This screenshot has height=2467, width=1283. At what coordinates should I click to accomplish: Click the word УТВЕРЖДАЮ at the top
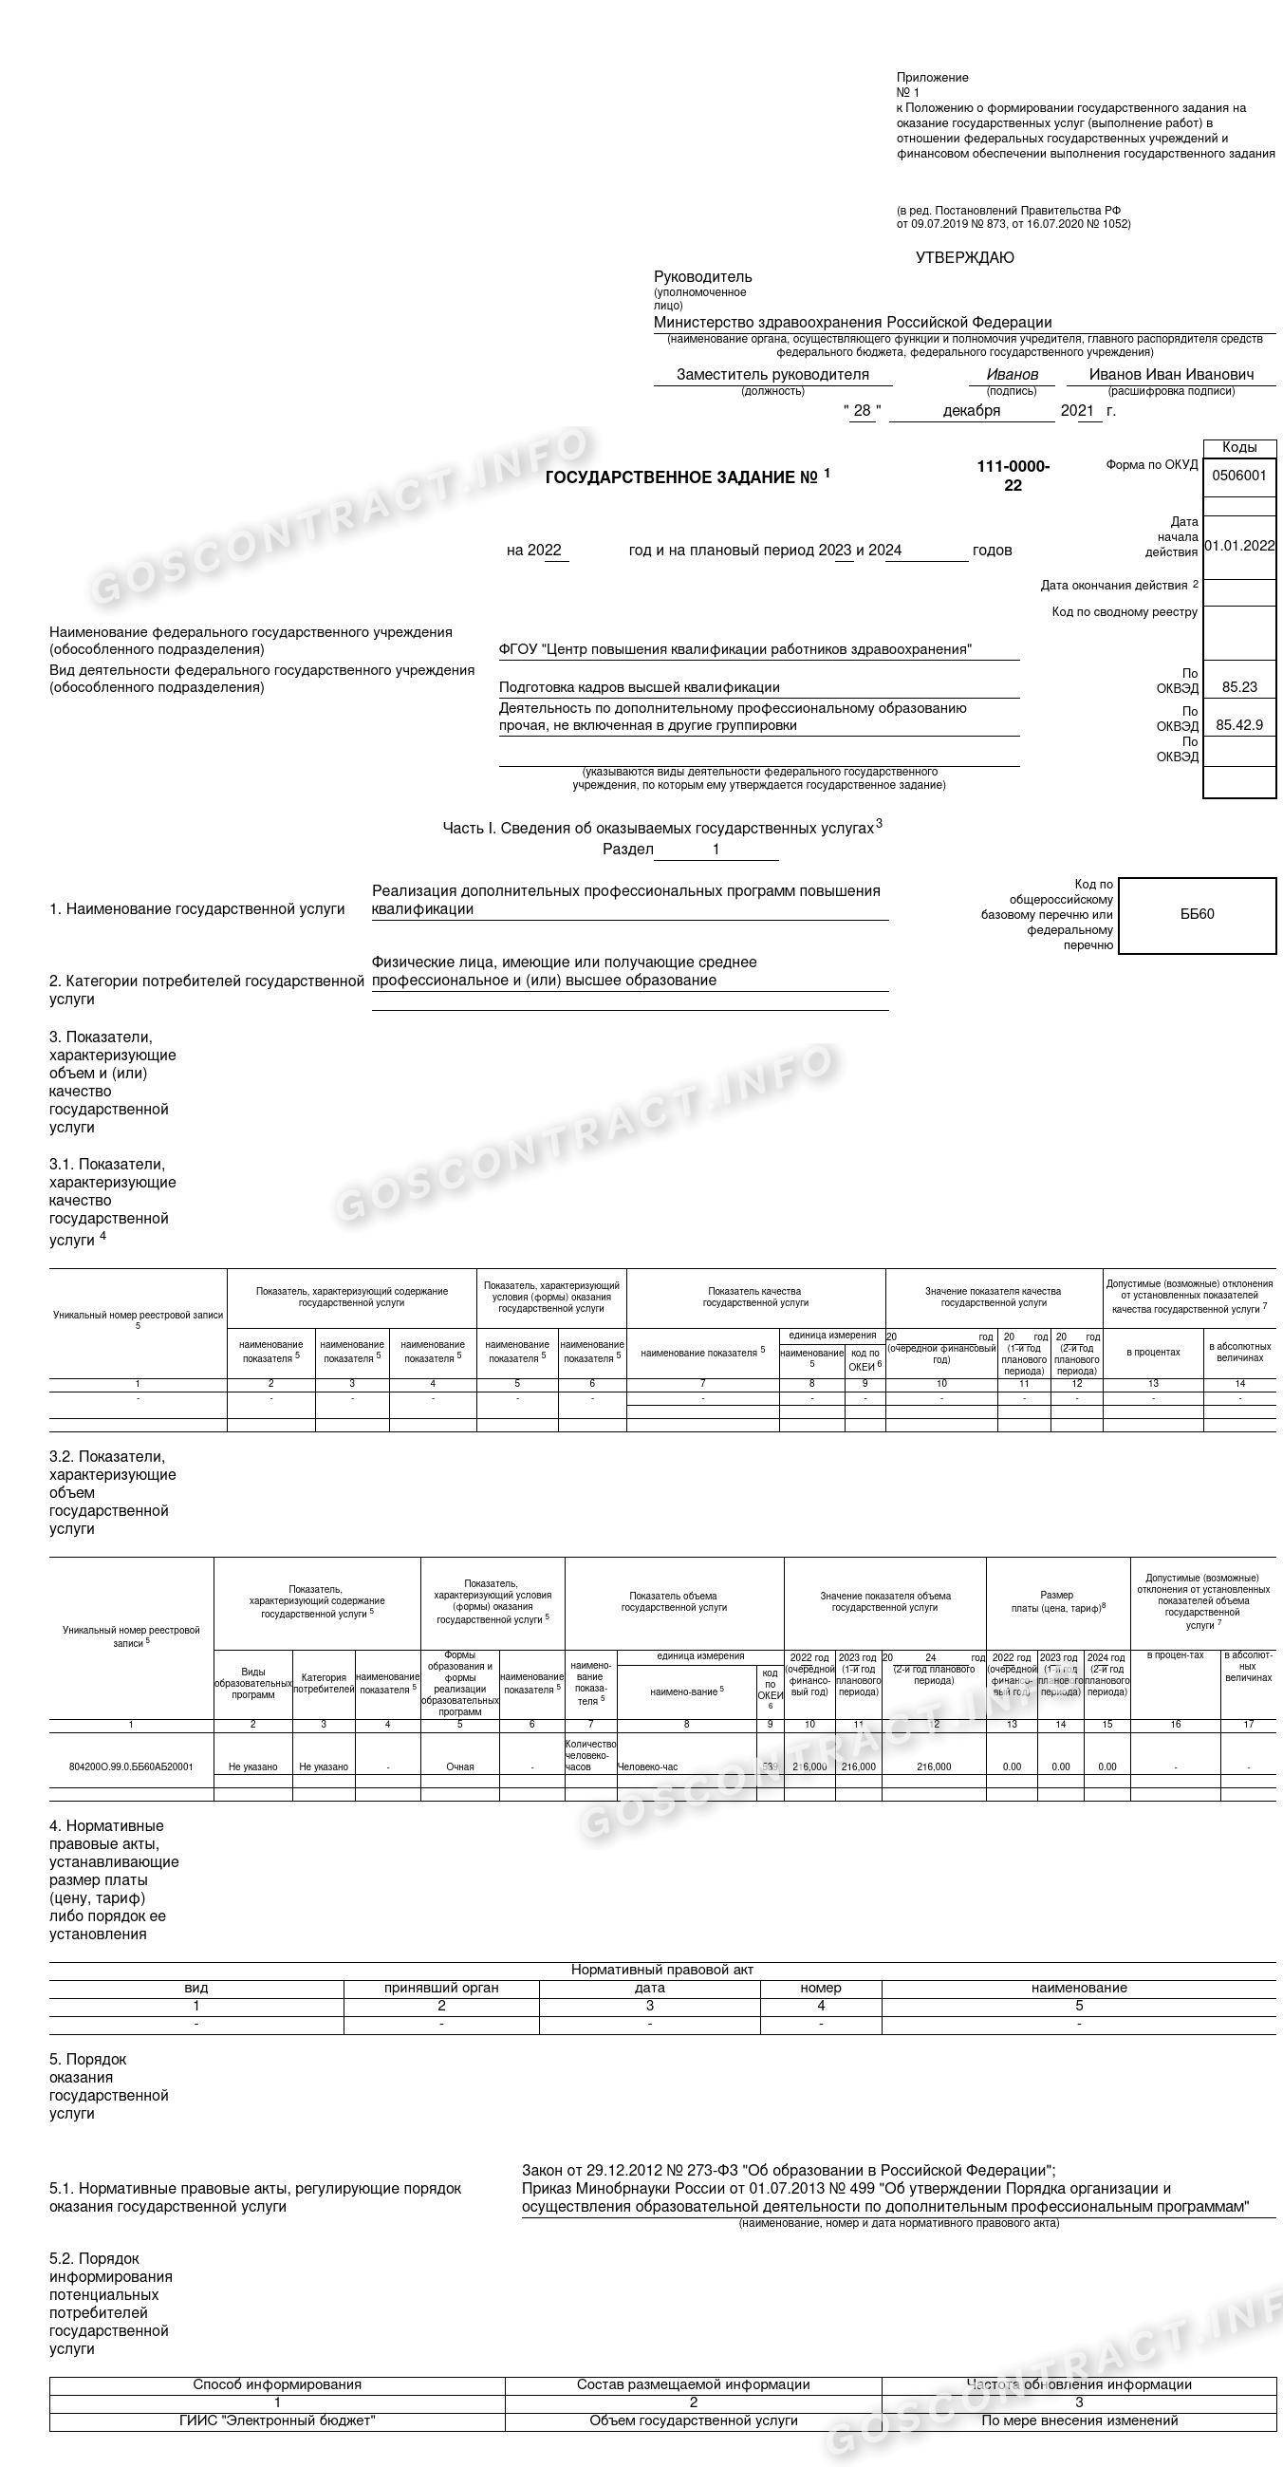pos(964,257)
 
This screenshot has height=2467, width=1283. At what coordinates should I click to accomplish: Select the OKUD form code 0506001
pos(1239,475)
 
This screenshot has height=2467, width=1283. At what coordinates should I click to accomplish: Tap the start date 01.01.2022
pos(1239,545)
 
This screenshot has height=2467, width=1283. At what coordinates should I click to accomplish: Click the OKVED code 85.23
pos(1239,686)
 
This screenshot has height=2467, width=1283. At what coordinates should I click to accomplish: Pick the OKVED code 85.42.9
pos(1239,725)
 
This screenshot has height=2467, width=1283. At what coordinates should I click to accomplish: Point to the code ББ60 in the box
pos(1197,914)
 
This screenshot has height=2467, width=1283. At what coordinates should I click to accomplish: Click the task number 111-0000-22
pos(1013,475)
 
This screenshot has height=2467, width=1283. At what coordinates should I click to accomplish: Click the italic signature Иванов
pos(1012,374)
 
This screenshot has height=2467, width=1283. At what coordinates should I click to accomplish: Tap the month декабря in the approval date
pos(971,411)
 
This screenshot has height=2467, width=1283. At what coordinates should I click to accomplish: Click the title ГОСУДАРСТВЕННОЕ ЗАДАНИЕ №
pos(680,477)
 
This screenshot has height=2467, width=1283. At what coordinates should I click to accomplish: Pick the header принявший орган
pos(441,1989)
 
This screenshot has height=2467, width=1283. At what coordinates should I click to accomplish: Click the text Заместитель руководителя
pos(772,374)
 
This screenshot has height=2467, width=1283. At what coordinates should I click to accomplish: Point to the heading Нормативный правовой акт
pos(661,1970)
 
